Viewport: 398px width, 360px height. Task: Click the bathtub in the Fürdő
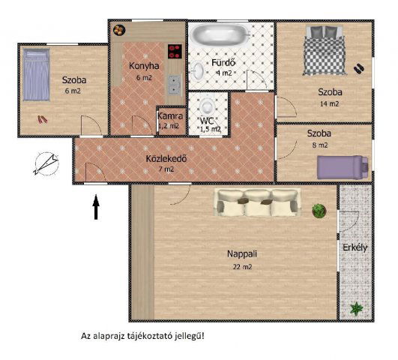coord(220,34)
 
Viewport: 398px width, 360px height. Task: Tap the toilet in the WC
coord(208,106)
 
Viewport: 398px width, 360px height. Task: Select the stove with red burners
coord(175,52)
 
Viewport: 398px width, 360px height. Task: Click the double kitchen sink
coord(175,85)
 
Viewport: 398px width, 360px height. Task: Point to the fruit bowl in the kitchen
coord(119,30)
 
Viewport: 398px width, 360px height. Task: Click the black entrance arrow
coord(96,207)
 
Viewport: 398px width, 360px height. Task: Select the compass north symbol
coord(46,164)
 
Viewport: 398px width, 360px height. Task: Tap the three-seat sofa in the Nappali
coord(257,202)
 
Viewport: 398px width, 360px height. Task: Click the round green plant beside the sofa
coord(319,211)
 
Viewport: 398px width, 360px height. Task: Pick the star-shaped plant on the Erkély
coord(357,309)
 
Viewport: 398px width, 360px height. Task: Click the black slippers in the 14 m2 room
coord(359,68)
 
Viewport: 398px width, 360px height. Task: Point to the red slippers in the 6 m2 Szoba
coord(43,119)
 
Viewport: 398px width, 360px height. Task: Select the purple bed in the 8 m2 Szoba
coord(343,167)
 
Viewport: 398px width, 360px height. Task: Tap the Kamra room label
coord(170,116)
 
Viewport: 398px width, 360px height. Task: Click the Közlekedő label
coord(166,158)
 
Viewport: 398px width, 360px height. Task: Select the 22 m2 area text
coord(242,267)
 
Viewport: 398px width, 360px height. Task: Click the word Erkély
coord(355,247)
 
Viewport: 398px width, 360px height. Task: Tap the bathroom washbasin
coord(198,71)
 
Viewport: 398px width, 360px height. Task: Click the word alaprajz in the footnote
coord(109,336)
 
